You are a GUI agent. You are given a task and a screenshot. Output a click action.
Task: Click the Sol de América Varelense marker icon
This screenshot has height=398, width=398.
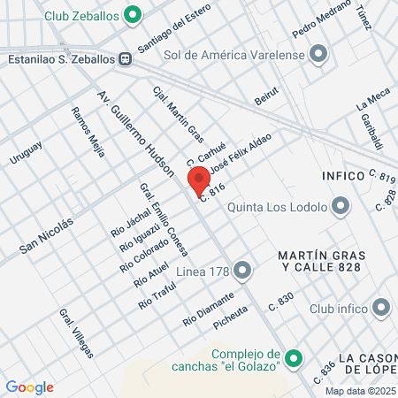320,55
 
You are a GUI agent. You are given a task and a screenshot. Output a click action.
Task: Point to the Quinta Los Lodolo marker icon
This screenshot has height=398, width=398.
341,209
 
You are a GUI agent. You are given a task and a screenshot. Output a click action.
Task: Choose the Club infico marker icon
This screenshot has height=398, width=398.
381,309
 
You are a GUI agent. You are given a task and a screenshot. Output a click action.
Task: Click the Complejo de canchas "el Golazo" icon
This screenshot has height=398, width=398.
295,359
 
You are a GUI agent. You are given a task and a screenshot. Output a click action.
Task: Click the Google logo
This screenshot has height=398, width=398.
29,387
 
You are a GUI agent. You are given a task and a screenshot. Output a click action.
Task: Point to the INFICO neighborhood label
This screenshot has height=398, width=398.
343,176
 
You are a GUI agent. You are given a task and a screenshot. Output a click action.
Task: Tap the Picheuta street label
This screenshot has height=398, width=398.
232,320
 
